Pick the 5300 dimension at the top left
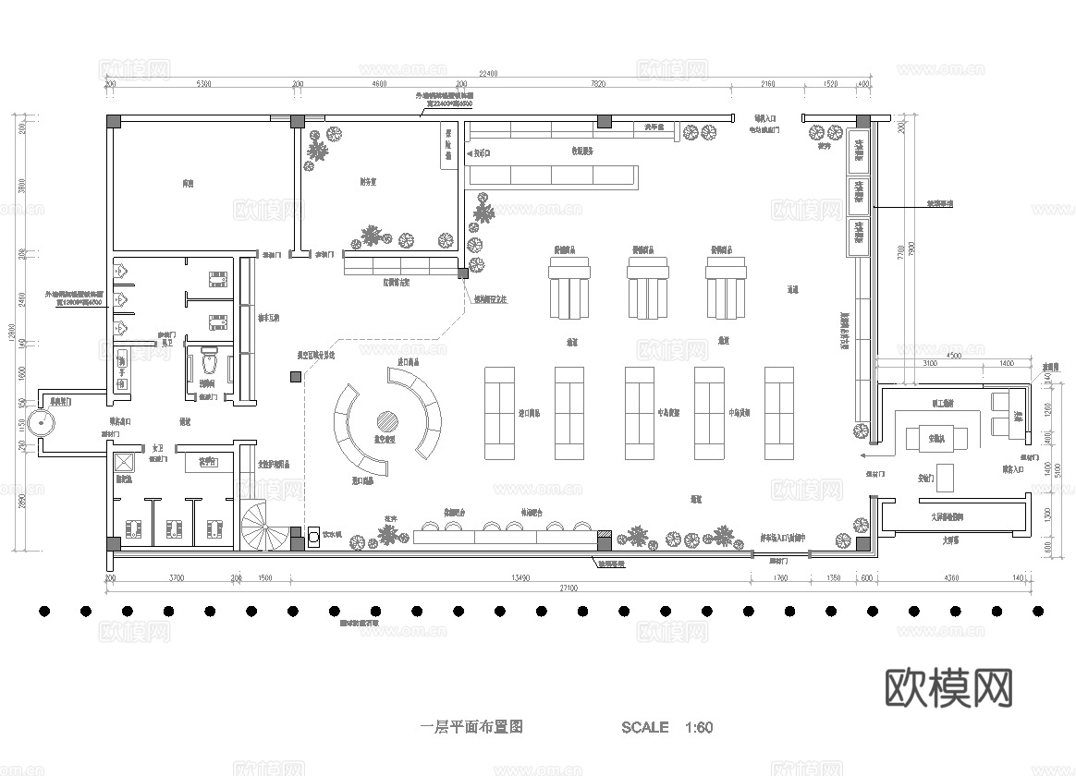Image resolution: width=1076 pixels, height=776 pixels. coord(203,85)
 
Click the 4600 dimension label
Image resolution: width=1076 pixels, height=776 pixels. coord(379,85)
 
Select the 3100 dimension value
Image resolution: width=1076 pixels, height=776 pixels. coord(929,365)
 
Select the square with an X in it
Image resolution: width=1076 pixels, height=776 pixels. coord(125,463)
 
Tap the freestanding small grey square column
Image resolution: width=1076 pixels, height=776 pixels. coord(295,377)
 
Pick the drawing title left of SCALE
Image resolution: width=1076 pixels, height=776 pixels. coord(471,727)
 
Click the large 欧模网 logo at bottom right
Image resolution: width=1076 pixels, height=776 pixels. coord(948,687)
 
